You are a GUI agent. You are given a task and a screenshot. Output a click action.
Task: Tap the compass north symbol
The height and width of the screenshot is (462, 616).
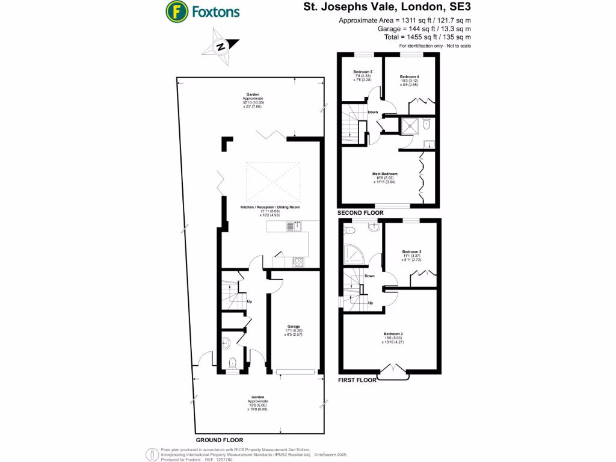221,48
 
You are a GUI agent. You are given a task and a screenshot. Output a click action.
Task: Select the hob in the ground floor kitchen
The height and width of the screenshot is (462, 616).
298,261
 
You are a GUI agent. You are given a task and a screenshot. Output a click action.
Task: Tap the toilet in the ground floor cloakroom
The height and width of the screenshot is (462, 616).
234,362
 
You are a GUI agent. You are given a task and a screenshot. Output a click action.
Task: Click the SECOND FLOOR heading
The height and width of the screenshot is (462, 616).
360,213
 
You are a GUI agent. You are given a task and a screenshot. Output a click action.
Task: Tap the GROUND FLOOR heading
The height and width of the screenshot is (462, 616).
215,440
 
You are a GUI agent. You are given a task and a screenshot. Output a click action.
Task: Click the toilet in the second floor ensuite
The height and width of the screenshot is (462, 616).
427,125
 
